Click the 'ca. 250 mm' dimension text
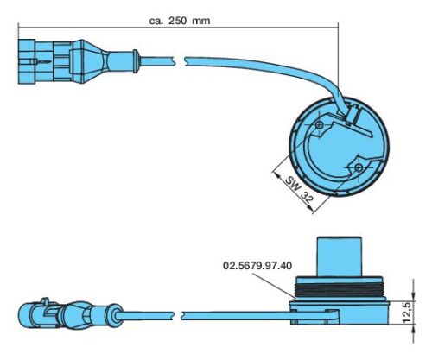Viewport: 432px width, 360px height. coord(180,21)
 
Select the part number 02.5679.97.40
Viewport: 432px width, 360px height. coord(257,265)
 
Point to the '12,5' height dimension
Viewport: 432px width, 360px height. coord(408,313)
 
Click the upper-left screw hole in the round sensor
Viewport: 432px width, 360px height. coord(319,125)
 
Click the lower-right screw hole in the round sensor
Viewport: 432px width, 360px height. coord(359,167)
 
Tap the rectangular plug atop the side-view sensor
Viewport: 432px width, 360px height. coord(339,256)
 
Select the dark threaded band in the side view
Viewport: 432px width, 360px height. coord(340,290)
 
